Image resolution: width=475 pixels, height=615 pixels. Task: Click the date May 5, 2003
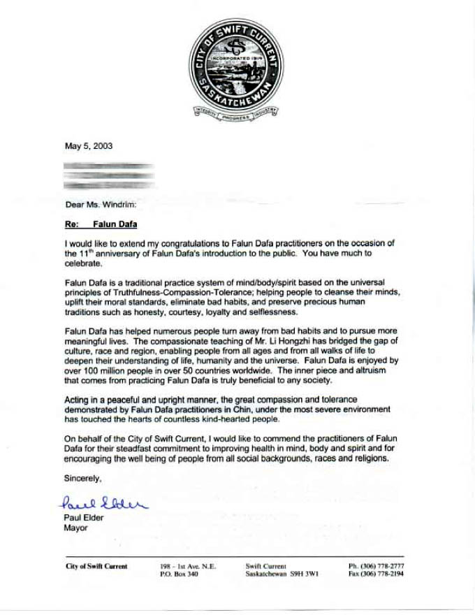[89, 147]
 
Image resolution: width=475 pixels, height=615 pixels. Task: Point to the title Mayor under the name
[75, 528]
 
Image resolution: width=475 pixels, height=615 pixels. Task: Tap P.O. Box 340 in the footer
[179, 574]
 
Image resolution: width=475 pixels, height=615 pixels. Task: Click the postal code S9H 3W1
[306, 574]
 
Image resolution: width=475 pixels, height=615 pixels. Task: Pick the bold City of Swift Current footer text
[96, 566]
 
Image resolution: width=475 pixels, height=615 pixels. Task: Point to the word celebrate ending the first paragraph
[82, 265]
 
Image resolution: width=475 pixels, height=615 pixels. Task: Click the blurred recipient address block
[108, 177]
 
